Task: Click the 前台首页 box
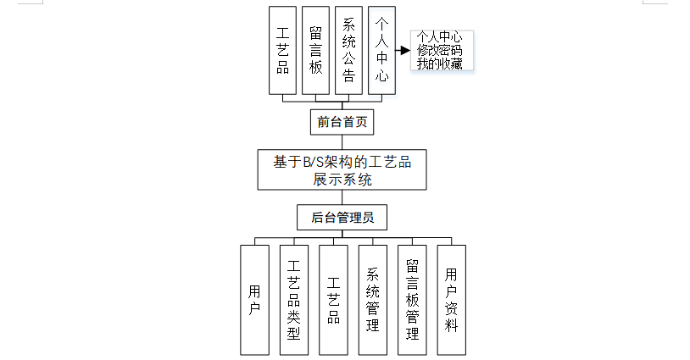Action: tap(342, 122)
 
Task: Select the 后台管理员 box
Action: tap(342, 218)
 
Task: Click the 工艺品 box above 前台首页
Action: tap(282, 51)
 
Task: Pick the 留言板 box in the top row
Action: tap(315, 51)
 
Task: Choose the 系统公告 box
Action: tap(348, 51)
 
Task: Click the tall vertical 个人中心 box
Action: tap(381, 51)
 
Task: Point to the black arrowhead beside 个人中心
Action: tap(404, 51)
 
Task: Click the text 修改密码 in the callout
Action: tap(439, 51)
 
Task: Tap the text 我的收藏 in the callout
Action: tap(439, 64)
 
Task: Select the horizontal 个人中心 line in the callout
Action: tap(439, 37)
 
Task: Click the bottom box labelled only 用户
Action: tap(254, 300)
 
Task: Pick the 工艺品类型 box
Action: tap(294, 300)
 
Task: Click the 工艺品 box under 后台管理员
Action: tap(334, 300)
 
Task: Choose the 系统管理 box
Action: tap(373, 300)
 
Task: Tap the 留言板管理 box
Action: tap(413, 300)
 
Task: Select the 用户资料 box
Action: tap(452, 300)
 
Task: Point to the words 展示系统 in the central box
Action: tap(342, 180)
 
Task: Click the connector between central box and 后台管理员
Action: tap(342, 197)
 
